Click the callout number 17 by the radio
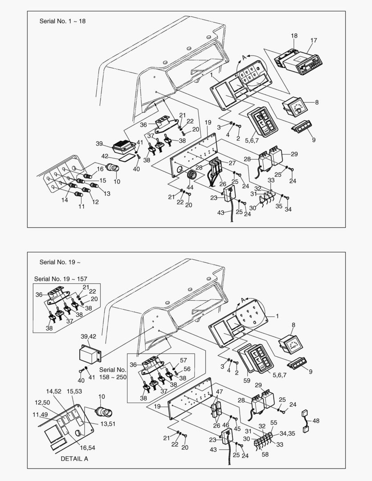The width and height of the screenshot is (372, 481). click(x=314, y=41)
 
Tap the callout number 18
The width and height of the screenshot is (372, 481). click(x=294, y=36)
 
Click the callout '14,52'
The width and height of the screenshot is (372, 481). click(x=54, y=391)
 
